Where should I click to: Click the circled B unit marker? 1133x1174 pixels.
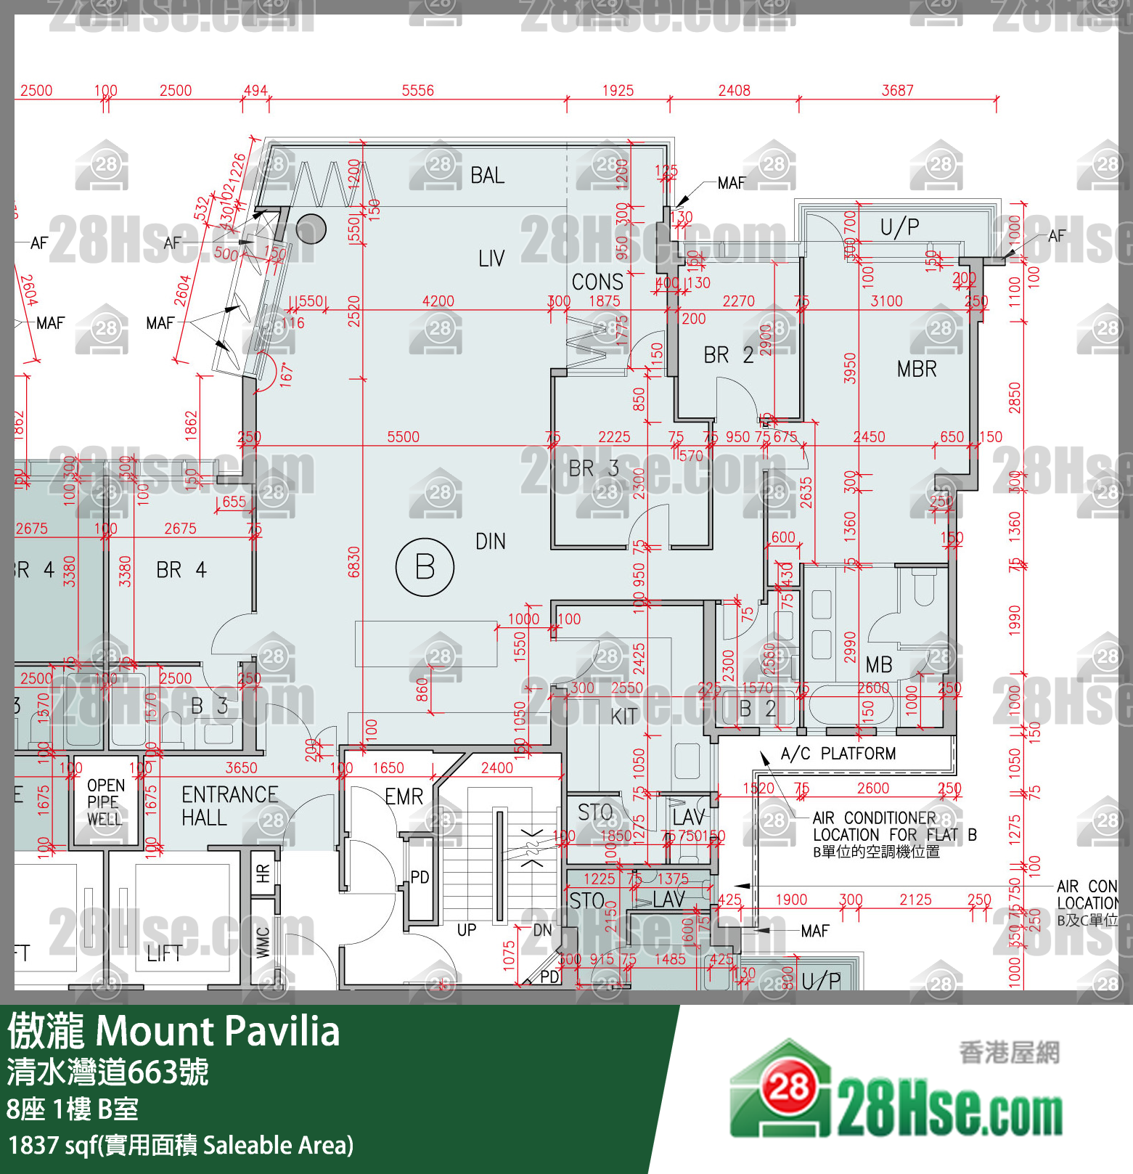(x=425, y=567)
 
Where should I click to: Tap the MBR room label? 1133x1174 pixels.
(x=917, y=369)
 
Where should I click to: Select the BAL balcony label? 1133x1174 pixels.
(x=487, y=176)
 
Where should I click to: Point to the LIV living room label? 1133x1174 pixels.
(x=491, y=258)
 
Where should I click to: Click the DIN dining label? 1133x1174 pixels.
(x=491, y=542)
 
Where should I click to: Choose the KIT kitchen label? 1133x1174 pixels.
(x=623, y=717)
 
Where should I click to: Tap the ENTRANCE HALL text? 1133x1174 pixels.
(x=229, y=806)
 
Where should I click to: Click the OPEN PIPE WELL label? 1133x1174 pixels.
(x=105, y=802)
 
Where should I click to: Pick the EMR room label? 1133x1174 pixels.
(x=404, y=797)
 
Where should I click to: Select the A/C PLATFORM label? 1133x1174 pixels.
(x=838, y=754)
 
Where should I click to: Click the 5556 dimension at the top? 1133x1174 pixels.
(x=417, y=91)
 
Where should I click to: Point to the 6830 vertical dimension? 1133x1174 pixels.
(x=354, y=562)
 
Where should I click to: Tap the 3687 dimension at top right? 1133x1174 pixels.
(x=897, y=91)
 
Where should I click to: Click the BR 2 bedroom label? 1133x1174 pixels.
(x=729, y=355)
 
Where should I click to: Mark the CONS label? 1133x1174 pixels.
(x=597, y=282)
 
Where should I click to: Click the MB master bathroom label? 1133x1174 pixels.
(x=879, y=664)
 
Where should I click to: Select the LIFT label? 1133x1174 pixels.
(x=164, y=954)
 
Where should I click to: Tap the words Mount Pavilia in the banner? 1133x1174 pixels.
(x=217, y=1031)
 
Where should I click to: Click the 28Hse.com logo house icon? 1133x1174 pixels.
(x=781, y=1088)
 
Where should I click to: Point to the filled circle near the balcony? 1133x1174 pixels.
(x=311, y=229)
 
